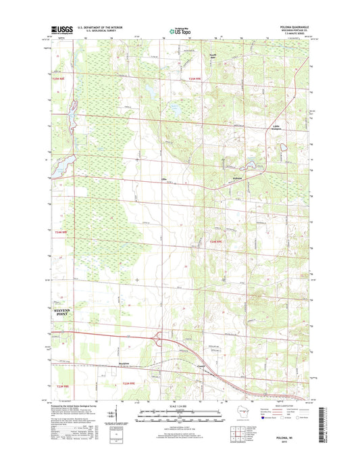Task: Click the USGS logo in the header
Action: [x=61, y=29]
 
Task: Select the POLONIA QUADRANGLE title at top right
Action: [x=293, y=26]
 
